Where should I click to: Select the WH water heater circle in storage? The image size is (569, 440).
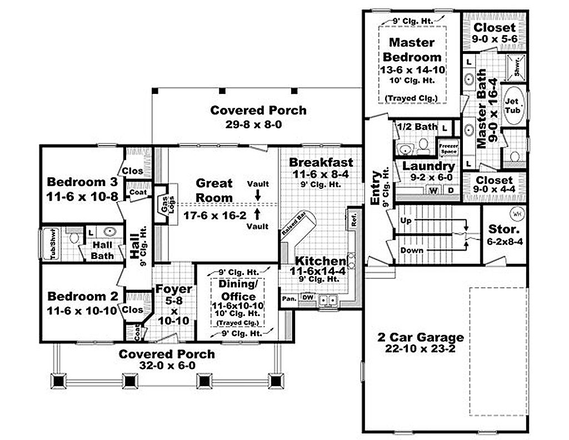[516, 213]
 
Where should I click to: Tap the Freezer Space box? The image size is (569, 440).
[448, 148]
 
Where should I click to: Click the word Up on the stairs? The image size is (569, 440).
[406, 221]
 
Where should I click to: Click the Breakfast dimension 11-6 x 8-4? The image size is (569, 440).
[321, 174]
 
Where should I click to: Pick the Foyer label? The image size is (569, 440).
[173, 289]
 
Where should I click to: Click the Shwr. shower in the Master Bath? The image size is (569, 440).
[517, 67]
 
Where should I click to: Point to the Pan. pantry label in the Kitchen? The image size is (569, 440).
[288, 298]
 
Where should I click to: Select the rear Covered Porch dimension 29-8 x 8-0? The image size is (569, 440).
[258, 124]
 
